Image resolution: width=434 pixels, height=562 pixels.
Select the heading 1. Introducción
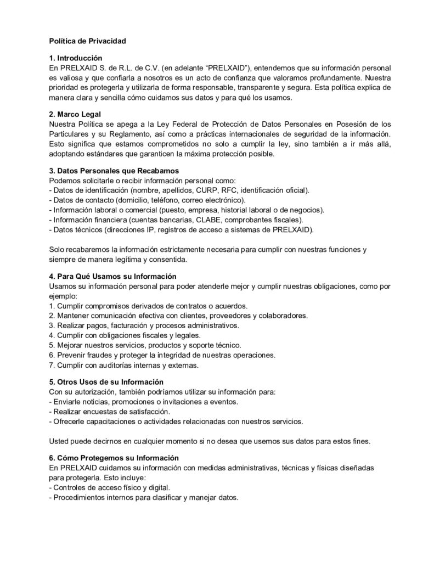[76, 58]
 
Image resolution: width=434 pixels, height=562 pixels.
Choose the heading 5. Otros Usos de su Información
[106, 381]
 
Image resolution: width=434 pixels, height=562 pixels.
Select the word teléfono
[165, 200]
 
